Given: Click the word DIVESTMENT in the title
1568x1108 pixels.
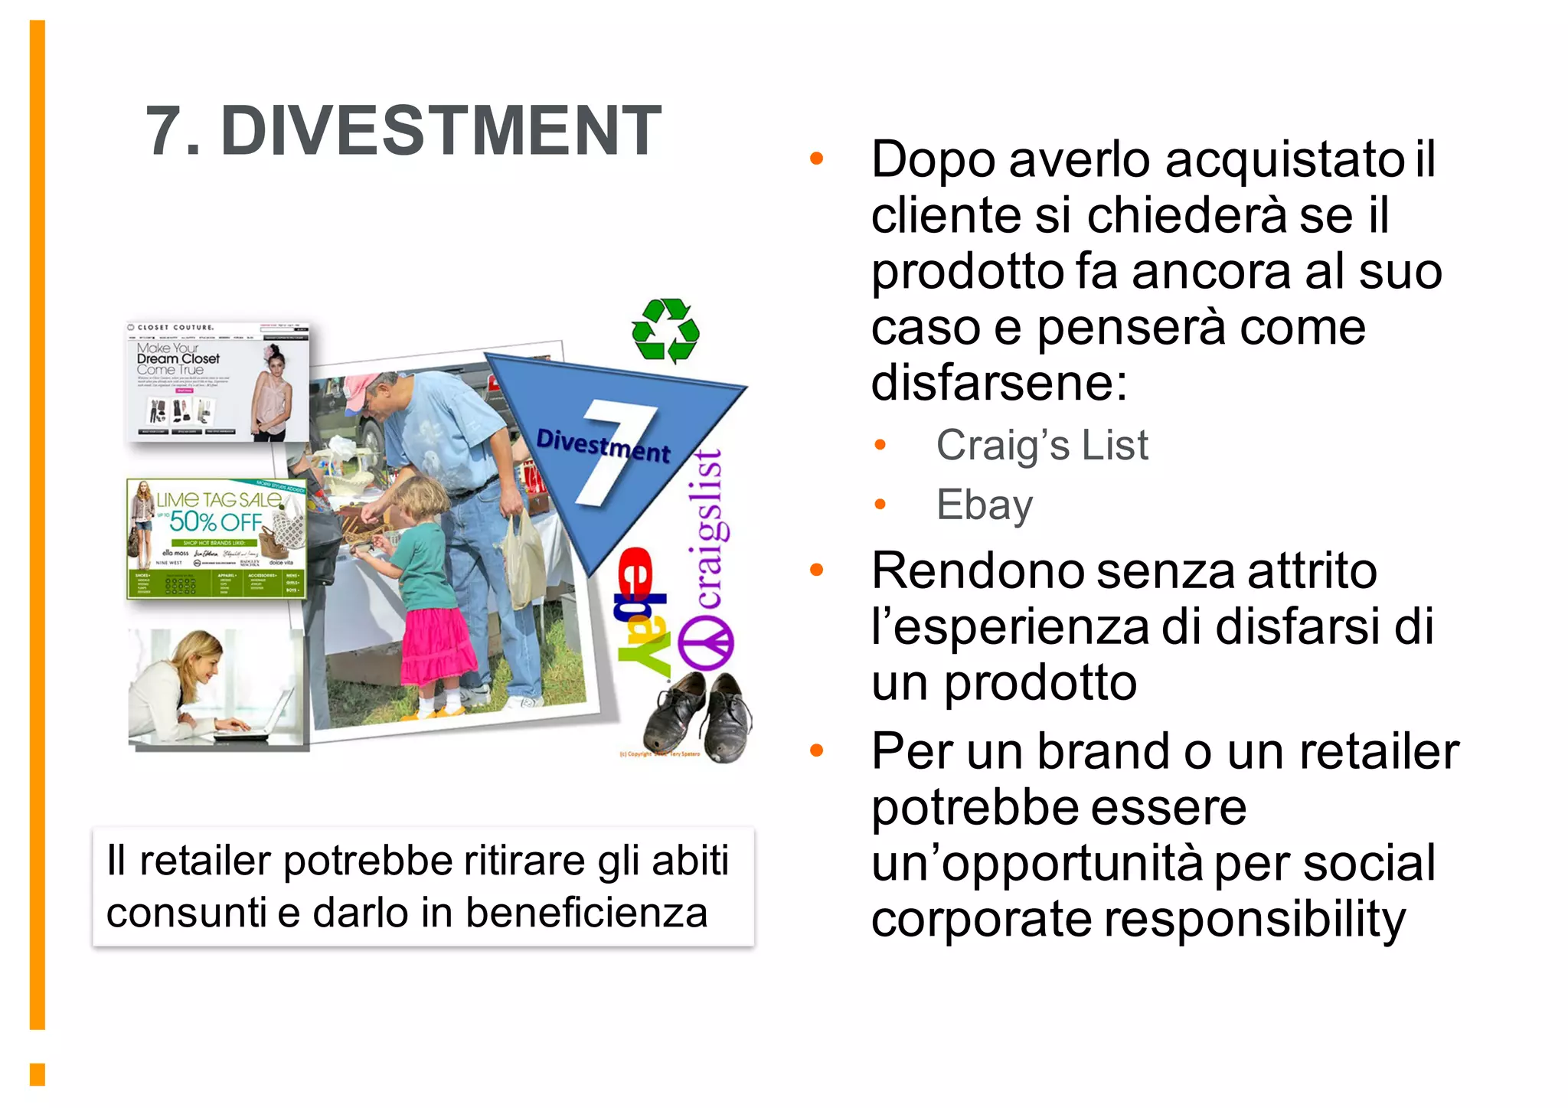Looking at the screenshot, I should point(441,131).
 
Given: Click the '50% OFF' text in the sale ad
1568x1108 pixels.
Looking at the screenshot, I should point(216,522).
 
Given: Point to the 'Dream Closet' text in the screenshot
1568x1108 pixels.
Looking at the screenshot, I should point(178,358).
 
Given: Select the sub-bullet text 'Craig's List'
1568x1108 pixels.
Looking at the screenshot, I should point(1041,446).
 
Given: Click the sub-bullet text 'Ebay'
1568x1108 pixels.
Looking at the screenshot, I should point(985,505).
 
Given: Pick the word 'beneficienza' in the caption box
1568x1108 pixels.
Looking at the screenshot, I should point(586,914).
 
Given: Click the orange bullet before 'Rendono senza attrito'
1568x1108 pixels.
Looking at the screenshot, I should point(817,570).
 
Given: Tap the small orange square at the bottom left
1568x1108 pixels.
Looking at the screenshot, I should point(38,1074).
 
